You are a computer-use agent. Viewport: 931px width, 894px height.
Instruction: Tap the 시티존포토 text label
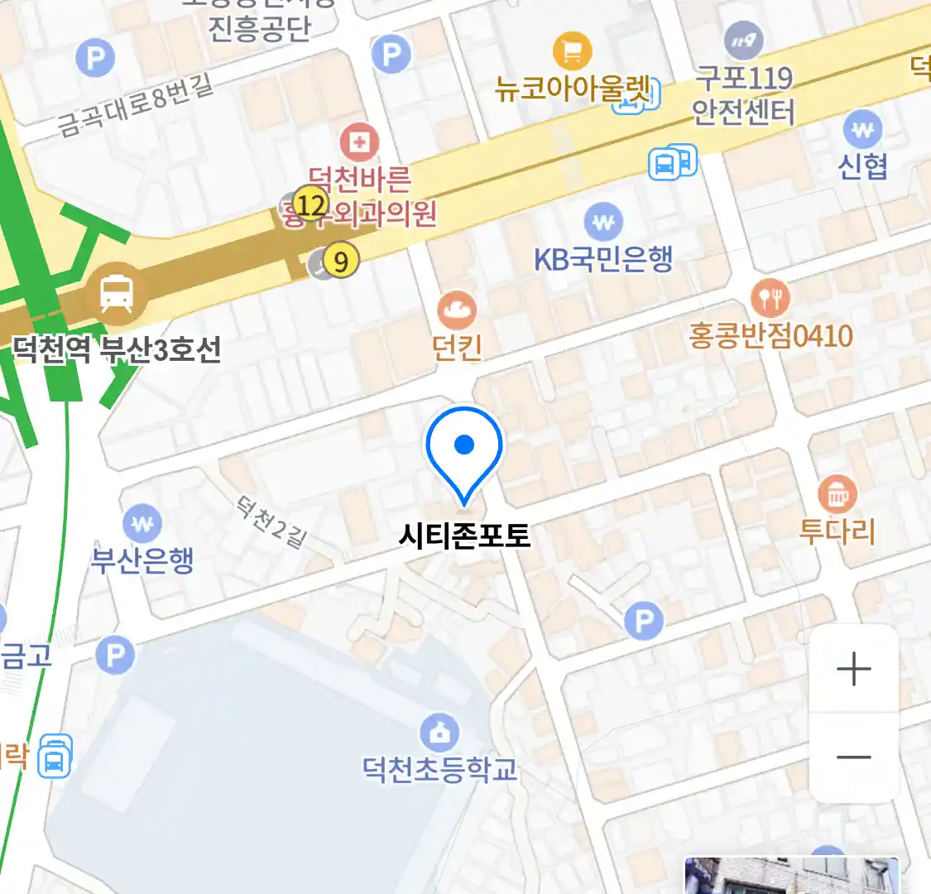pyautogui.click(x=464, y=536)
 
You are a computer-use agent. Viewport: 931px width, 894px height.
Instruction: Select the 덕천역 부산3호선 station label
pyautogui.click(x=117, y=349)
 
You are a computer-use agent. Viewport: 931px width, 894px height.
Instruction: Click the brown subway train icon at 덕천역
pyautogui.click(x=117, y=292)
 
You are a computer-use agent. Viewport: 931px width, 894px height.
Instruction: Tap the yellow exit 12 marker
pyautogui.click(x=310, y=204)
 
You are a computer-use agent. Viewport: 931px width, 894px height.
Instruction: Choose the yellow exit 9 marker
pyautogui.click(x=340, y=262)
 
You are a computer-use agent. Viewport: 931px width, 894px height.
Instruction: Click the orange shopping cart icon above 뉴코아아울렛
pyautogui.click(x=572, y=50)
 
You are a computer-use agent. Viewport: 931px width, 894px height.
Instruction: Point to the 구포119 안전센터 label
pyautogui.click(x=743, y=94)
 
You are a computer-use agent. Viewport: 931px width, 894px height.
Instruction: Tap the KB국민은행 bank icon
pyautogui.click(x=603, y=222)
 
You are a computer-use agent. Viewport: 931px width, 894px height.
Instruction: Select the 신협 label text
pyautogui.click(x=862, y=167)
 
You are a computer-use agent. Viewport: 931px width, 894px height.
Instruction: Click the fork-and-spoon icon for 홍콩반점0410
pyautogui.click(x=770, y=297)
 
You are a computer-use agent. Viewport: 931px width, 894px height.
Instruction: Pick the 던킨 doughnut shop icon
pyautogui.click(x=457, y=310)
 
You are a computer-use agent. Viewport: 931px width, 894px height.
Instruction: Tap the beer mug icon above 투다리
pyautogui.click(x=837, y=494)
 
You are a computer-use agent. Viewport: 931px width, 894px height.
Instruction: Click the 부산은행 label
pyautogui.click(x=142, y=560)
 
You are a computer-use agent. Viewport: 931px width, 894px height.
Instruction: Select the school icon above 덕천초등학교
pyautogui.click(x=439, y=733)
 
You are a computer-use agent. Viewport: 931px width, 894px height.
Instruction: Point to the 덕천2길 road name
pyautogui.click(x=271, y=522)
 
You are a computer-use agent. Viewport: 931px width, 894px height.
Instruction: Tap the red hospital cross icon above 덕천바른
pyautogui.click(x=358, y=142)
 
